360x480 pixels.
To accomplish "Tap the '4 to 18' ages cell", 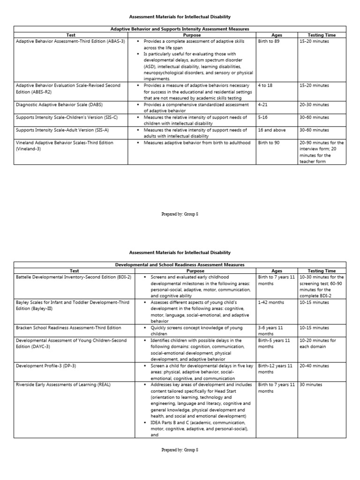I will (265, 86).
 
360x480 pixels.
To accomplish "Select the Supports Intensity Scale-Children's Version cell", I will (62, 117).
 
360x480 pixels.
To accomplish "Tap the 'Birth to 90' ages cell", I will (269, 142).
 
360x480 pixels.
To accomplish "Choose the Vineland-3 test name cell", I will (64, 146).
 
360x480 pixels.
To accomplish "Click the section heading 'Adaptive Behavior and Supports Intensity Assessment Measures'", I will (180, 29).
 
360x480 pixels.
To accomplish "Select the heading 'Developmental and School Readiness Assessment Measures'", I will (180, 265).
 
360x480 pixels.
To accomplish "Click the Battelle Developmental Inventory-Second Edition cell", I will (73, 277).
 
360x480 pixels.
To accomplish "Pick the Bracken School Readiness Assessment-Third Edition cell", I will (68, 328).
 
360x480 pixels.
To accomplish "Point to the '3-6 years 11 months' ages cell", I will (276, 331).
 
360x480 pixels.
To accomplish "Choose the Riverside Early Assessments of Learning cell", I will (63, 384).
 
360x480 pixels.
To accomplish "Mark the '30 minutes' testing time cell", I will (310, 384).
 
